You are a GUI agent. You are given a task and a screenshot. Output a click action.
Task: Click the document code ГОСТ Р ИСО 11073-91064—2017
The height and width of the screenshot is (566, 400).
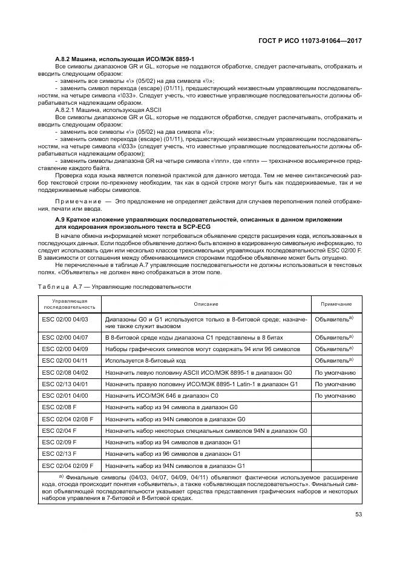point(313,40)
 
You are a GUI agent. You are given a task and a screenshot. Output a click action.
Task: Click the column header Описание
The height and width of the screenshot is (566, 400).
point(206,304)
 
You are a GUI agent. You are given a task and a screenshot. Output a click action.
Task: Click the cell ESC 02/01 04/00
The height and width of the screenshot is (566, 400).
point(65,395)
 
